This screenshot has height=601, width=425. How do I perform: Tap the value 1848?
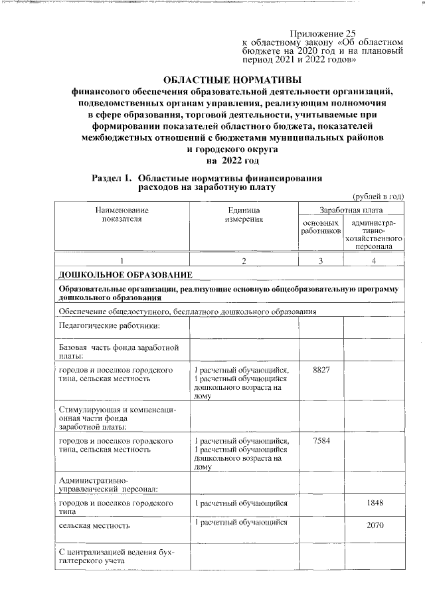(x=375, y=503)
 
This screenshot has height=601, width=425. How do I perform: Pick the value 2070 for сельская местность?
(x=375, y=525)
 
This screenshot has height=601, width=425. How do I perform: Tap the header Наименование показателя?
(x=123, y=215)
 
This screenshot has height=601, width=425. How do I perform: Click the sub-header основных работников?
(x=321, y=226)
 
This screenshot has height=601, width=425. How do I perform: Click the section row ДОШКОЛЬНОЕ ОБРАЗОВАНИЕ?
(x=126, y=274)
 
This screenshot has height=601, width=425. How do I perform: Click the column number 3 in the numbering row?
(x=321, y=260)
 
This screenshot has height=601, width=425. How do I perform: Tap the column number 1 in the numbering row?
(x=123, y=260)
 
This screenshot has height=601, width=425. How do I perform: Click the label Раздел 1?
(x=112, y=178)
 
